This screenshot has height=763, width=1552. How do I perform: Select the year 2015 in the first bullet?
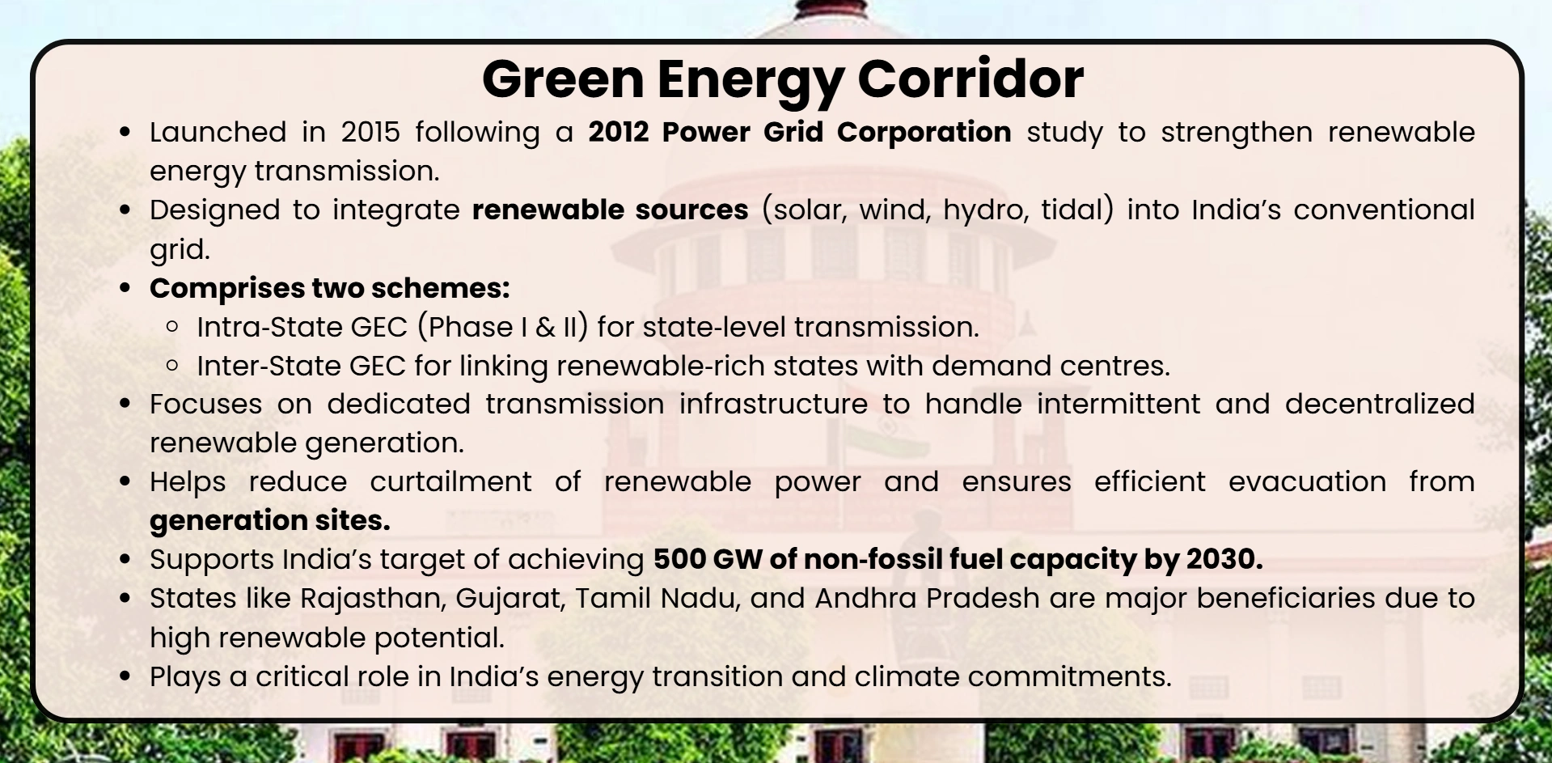370,132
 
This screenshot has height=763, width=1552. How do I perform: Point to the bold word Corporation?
924,132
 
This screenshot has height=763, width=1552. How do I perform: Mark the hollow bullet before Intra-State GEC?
171,327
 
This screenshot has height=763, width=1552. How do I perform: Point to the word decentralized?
1380,404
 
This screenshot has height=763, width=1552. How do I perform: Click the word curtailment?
450,481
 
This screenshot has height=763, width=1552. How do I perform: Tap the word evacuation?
1307,481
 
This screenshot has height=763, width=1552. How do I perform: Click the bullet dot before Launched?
125,132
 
